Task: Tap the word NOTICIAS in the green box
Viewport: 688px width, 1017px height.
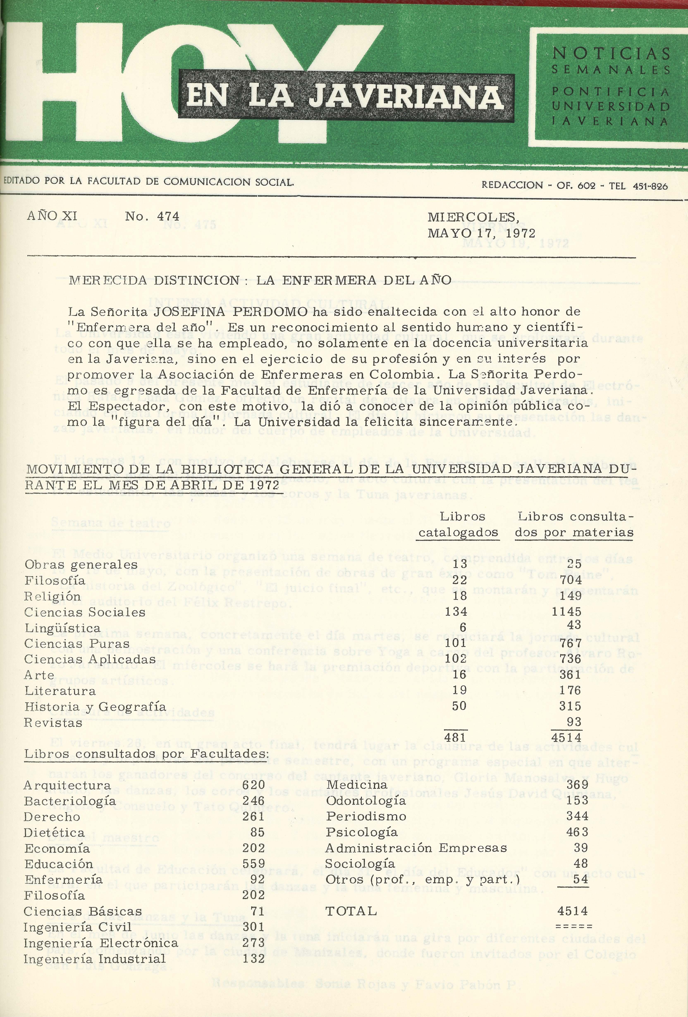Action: coord(611,53)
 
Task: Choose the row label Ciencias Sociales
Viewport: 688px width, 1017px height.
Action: coord(85,612)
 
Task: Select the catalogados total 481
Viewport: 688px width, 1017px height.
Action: coord(455,737)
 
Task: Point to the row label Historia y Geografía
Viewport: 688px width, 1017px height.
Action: coord(95,707)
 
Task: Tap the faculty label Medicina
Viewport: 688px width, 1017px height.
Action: coord(357,785)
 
